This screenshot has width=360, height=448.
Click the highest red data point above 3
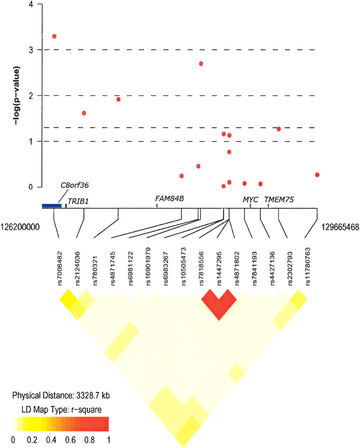(x=54, y=36)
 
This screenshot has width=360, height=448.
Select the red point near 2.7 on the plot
(x=201, y=64)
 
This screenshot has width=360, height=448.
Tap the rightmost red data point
(x=317, y=175)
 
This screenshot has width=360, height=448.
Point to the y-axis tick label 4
(x=31, y=4)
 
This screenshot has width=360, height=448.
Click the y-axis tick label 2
(x=31, y=96)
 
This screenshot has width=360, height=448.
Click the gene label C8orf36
(x=75, y=185)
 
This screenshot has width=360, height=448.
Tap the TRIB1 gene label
(x=78, y=201)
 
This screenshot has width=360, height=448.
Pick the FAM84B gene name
(x=169, y=198)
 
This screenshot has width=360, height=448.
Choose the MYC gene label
(x=250, y=199)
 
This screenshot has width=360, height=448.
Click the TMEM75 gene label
(x=279, y=199)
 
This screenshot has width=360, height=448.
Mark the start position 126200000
(x=20, y=227)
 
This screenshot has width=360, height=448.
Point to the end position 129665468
(x=340, y=227)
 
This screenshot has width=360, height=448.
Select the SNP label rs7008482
(x=60, y=268)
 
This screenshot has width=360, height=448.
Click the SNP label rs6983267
(x=166, y=268)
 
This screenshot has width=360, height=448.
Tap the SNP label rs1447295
(x=219, y=268)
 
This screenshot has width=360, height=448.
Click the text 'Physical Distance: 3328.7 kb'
(x=61, y=395)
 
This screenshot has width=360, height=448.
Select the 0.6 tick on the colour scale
(x=70, y=440)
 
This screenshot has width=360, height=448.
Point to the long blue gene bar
(x=52, y=206)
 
